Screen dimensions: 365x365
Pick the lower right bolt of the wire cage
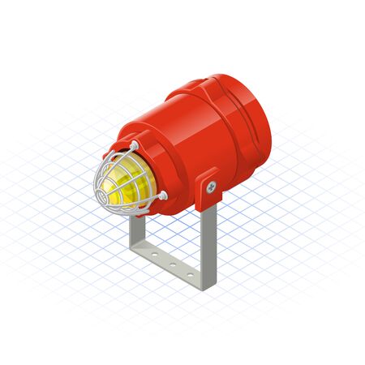(x=163, y=195)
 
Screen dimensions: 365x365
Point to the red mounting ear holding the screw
(x=208, y=182)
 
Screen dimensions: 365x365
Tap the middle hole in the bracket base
(x=173, y=264)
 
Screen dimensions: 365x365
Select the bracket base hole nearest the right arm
(x=190, y=273)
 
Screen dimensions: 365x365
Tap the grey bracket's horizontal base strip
(x=172, y=266)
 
